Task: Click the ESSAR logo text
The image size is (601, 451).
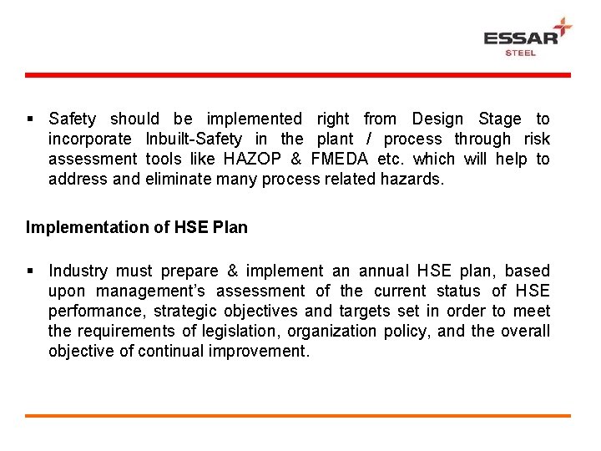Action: click(521, 38)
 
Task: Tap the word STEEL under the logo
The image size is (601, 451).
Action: click(521, 53)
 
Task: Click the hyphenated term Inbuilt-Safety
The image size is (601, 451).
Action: click(194, 139)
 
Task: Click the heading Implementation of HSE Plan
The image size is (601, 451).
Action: click(137, 227)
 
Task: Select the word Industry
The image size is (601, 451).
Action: click(78, 271)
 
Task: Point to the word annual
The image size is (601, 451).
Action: click(384, 271)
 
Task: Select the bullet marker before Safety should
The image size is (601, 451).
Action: click(30, 119)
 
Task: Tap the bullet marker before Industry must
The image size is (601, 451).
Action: click(30, 271)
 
